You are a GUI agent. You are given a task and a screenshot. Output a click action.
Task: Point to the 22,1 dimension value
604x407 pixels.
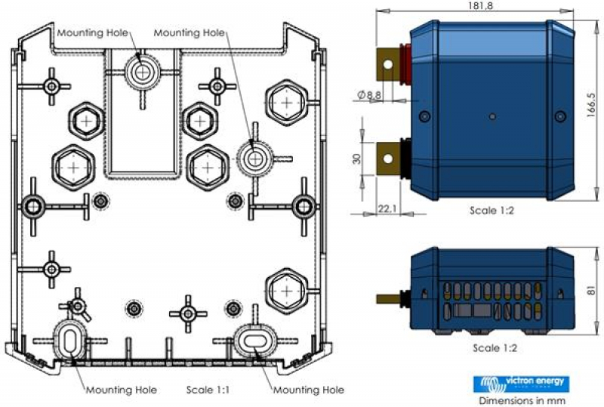pos(386,207)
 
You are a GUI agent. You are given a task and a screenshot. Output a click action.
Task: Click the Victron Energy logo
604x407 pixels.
pos(519,383)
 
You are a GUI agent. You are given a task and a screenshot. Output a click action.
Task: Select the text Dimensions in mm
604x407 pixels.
pos(519,400)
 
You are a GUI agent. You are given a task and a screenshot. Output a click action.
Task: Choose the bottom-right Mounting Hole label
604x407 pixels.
pos(308,390)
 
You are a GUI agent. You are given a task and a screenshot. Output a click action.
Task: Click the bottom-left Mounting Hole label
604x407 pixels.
pos(121,390)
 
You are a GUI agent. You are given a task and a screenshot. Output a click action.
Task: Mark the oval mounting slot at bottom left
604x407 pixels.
pos(69,339)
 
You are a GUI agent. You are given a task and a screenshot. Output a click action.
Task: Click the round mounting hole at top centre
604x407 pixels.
pos(141,71)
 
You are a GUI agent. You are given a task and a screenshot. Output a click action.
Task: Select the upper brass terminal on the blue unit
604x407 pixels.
pos(390,63)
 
